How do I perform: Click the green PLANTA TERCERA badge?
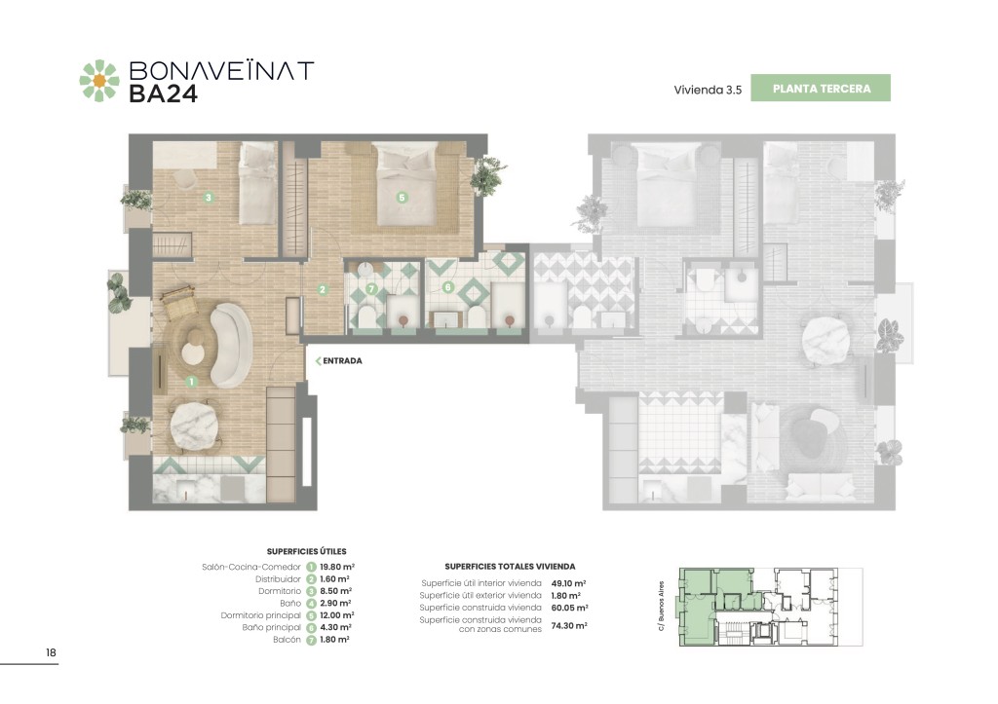[x=821, y=89]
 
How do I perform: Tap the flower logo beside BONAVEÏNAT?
[x=99, y=81]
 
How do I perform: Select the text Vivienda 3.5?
[x=708, y=91]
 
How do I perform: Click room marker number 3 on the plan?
[x=209, y=198]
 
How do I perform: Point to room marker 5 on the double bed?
[x=402, y=197]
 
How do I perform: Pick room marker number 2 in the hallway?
[x=323, y=289]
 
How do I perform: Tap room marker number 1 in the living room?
[x=191, y=382]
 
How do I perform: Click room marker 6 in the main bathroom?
[x=448, y=287]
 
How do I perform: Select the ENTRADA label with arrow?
[x=338, y=360]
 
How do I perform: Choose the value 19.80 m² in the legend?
[x=337, y=567]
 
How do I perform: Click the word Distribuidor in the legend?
[x=278, y=579]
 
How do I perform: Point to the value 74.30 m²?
[x=569, y=626]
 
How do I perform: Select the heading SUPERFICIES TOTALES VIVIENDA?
[x=510, y=566]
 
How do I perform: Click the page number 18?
[x=51, y=652]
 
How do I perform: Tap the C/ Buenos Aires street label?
[x=662, y=606]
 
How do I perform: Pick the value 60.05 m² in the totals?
[x=569, y=608]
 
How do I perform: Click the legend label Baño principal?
[x=271, y=628]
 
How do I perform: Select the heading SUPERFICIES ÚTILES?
[x=307, y=551]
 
